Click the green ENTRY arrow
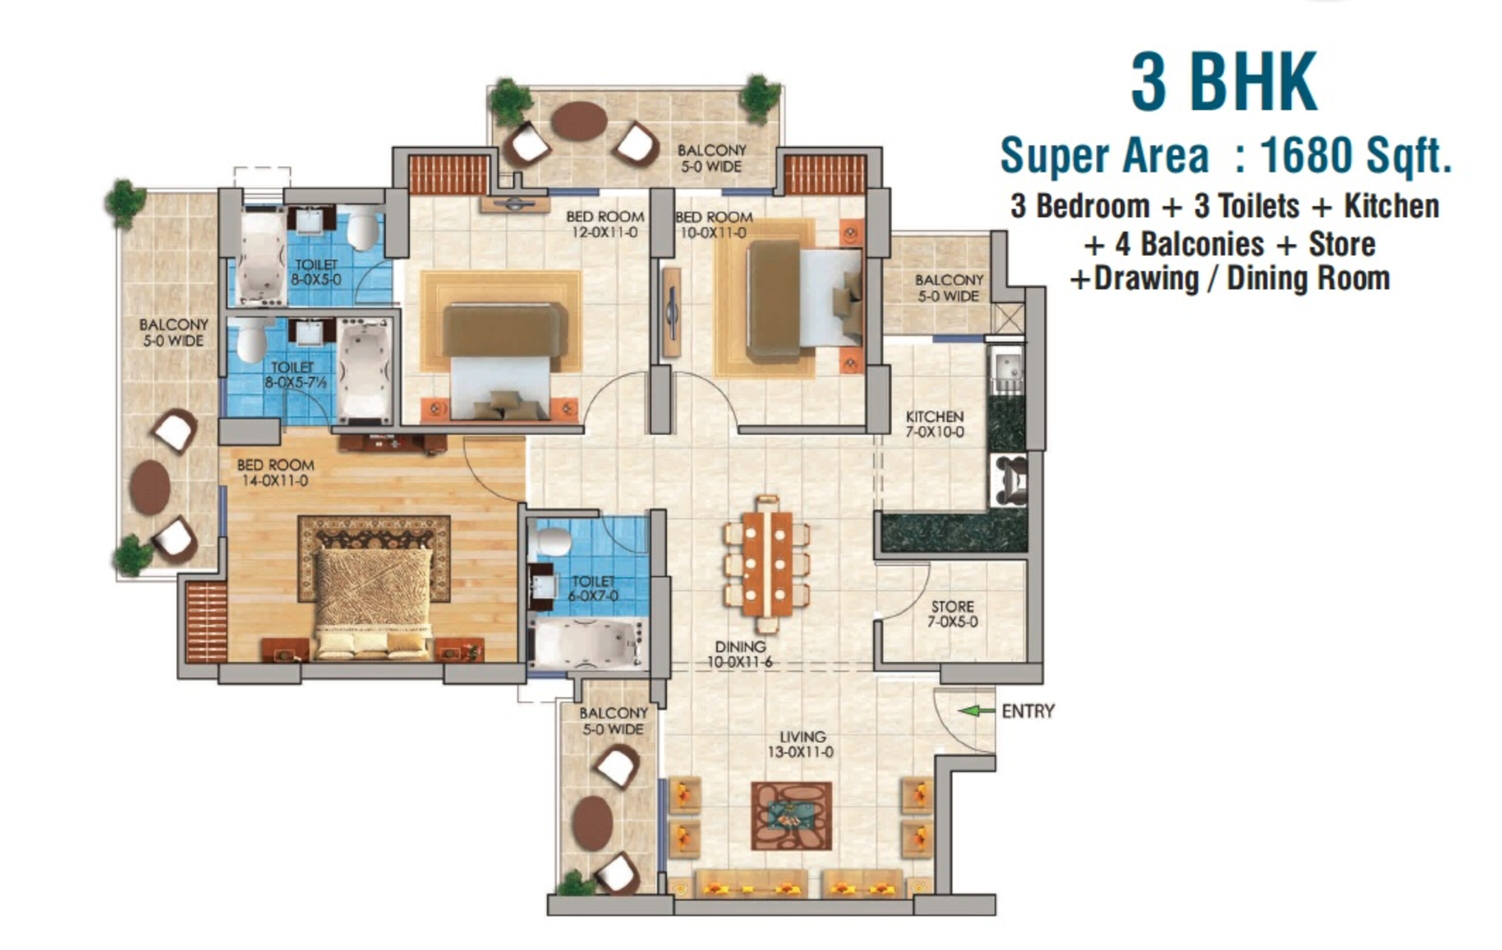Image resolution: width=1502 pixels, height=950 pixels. coord(976,711)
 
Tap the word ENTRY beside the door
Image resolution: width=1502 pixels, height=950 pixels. coord(1027,711)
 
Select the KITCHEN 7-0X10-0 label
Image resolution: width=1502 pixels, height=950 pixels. coord(934,424)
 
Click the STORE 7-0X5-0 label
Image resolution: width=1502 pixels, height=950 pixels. coord(952,614)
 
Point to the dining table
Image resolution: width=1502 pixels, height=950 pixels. coord(767,564)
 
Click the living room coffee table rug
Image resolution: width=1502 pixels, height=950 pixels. coord(791,816)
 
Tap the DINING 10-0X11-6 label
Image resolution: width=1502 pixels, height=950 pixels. coord(740,654)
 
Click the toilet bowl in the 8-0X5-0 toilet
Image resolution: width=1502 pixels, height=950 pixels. coord(362,229)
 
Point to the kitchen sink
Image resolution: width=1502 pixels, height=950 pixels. coord(1007,368)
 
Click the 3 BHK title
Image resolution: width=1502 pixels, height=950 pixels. coord(1223,83)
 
